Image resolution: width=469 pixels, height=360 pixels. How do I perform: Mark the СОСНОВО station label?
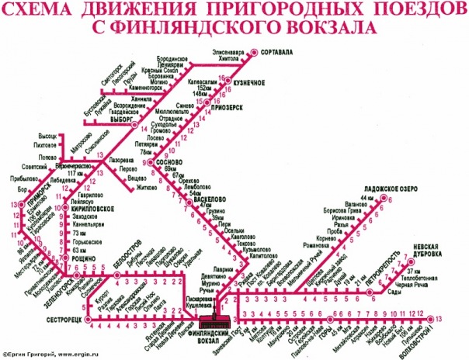(168, 162)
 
